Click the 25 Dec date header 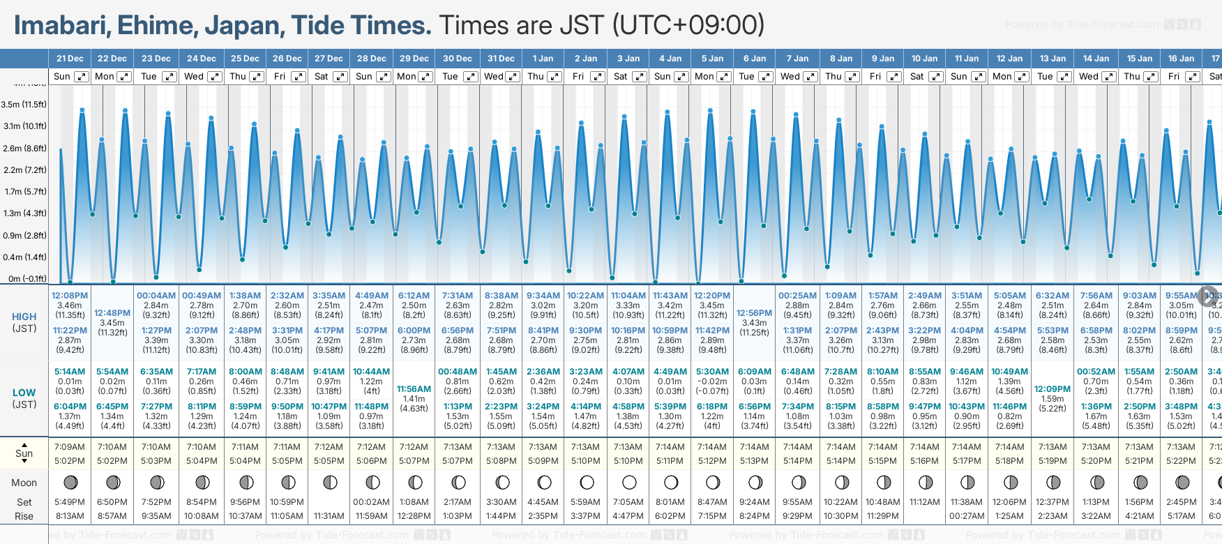point(245,59)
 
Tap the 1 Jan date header point(543,59)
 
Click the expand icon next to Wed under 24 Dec point(215,77)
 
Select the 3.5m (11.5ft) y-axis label point(24,105)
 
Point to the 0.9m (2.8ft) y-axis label point(24,235)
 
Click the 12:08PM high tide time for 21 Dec point(70,296)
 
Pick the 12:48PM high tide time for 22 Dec point(112,313)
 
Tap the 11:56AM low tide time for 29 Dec point(414,389)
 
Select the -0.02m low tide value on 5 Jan point(712,381)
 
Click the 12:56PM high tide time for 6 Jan point(755,313)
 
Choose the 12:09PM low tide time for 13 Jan point(1053,389)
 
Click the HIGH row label point(24,317)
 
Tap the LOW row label point(24,393)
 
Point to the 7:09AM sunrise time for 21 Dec point(70,447)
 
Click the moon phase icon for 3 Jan point(629,483)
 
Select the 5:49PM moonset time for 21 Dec point(70,502)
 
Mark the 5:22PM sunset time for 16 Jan point(1181,461)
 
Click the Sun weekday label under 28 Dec point(364,77)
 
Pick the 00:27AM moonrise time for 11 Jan point(967,516)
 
